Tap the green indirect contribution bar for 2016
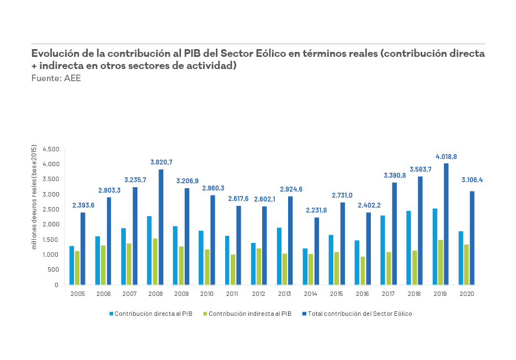click(x=363, y=271)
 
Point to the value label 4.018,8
click(x=446, y=157)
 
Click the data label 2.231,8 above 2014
click(x=317, y=210)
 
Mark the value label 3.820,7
click(x=161, y=162)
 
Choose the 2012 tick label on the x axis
click(x=259, y=294)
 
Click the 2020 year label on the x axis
click(x=466, y=294)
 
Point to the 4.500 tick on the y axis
click(x=51, y=149)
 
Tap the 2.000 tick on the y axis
click(x=51, y=225)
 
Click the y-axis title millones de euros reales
click(x=34, y=197)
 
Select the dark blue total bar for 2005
click(x=83, y=248)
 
